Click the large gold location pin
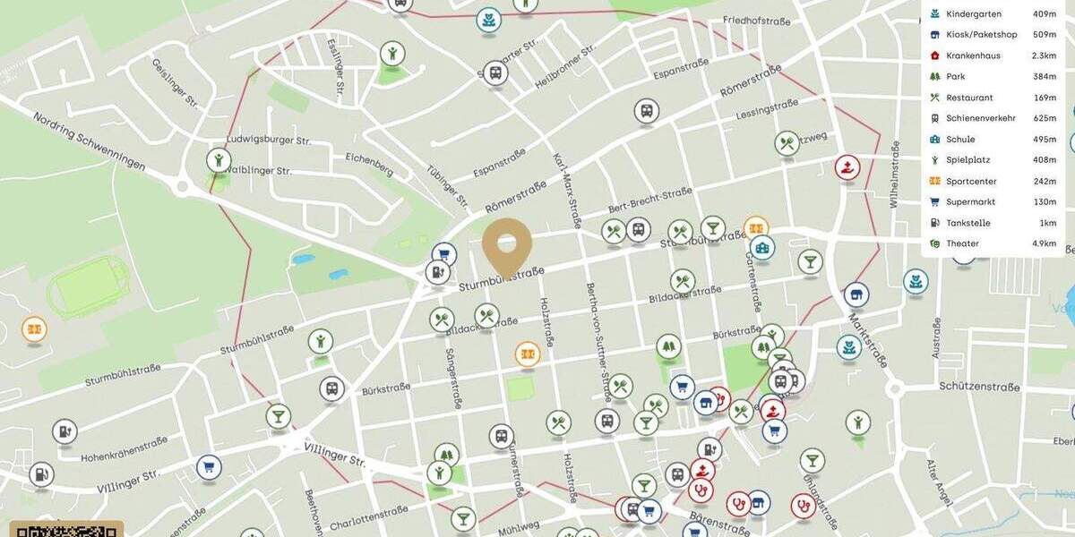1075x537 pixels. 507,243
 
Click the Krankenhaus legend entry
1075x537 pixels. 973,55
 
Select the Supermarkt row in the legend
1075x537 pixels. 970,202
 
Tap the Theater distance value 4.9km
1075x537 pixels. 1044,243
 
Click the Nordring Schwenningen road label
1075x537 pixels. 89,141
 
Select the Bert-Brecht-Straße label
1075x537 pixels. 649,199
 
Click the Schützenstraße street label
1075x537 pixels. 980,388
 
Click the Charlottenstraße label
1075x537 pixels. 369,517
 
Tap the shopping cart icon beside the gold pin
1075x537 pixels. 444,255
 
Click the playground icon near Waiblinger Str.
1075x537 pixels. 219,161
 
